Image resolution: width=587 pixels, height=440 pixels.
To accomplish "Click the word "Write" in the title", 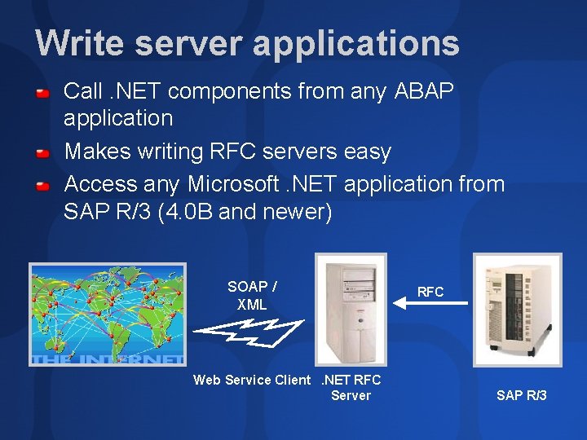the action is (x=79, y=43).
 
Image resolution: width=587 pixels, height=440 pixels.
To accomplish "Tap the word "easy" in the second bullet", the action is (x=368, y=152).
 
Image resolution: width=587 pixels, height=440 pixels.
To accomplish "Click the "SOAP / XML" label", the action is (x=252, y=296).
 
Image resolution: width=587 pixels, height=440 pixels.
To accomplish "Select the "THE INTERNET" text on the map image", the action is (x=108, y=359).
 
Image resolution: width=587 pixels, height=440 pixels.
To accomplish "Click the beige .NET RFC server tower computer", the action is (x=351, y=310).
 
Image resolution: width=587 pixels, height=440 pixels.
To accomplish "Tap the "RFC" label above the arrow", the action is (x=430, y=292).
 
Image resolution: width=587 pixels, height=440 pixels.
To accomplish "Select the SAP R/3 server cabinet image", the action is (x=518, y=306).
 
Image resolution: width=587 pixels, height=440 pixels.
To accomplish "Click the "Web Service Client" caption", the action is (x=252, y=380).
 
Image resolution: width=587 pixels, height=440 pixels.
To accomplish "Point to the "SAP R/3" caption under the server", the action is (x=522, y=395).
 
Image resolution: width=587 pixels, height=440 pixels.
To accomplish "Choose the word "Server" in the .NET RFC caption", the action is (x=351, y=395).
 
